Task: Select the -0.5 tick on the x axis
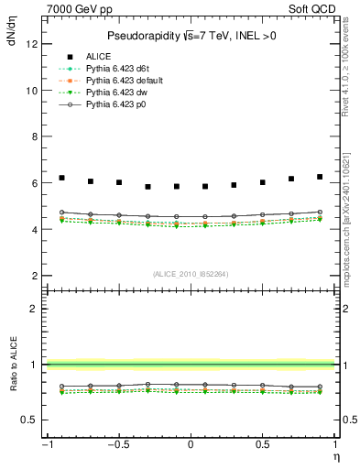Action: (118, 445)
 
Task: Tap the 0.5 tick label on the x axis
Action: (263, 445)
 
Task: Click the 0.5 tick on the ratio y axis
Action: (32, 420)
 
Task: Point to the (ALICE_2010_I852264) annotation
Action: (191, 273)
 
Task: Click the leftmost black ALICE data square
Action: (61, 178)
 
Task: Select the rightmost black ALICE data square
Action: (320, 177)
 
